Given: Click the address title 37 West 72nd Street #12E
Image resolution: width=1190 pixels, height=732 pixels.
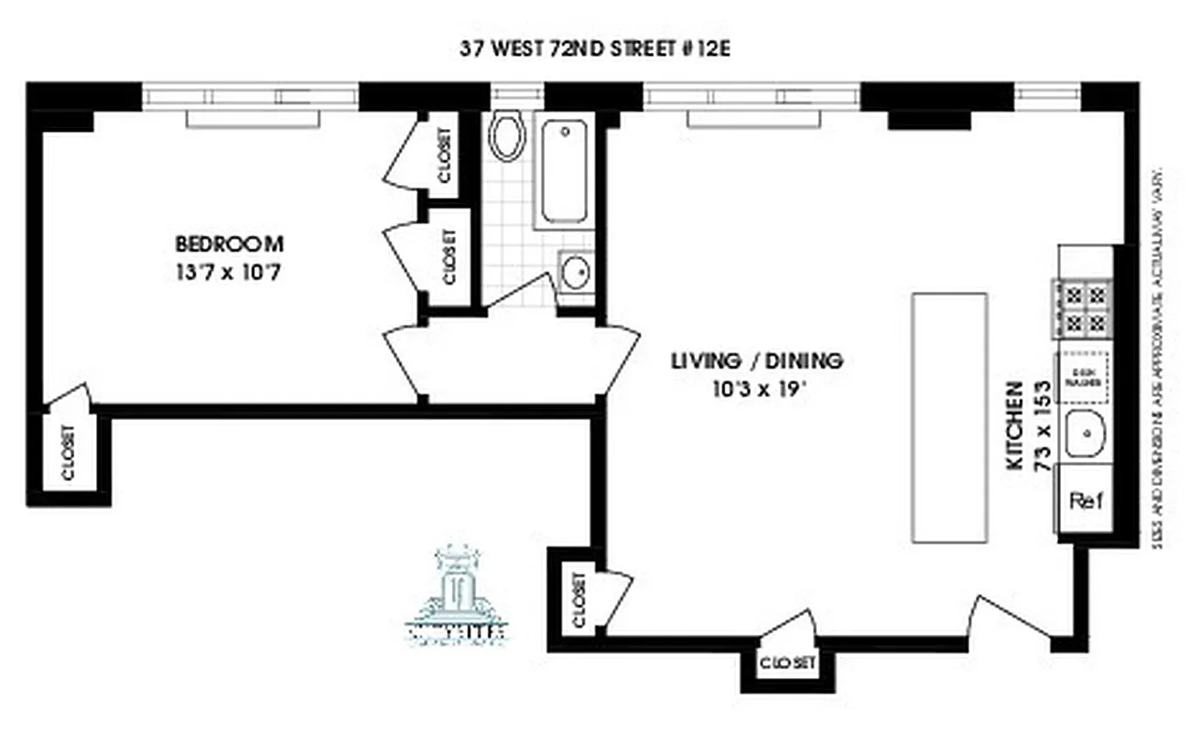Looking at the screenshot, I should tap(595, 48).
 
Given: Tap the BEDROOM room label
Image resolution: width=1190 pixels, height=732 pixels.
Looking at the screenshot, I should tap(229, 244).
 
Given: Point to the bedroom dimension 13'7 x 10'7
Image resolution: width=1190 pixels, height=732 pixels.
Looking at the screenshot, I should tap(228, 272).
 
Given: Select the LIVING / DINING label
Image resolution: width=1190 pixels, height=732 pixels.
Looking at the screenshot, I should tap(756, 360).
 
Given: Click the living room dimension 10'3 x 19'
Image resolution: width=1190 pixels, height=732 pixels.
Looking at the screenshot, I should tap(757, 387).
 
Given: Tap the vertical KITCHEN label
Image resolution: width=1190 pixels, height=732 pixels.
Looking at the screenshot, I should tap(1014, 425).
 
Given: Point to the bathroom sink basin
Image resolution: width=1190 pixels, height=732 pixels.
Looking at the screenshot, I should tap(576, 272).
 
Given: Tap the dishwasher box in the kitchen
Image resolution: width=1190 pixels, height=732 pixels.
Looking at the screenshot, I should tap(1085, 378).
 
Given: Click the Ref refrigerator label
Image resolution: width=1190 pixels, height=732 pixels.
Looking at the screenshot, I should tap(1086, 501).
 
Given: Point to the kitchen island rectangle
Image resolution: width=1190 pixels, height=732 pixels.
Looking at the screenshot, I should tap(949, 417).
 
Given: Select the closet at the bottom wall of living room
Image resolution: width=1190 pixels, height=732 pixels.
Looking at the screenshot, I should tap(786, 664).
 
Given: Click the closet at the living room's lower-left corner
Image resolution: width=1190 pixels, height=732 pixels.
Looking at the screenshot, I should tap(578, 599).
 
